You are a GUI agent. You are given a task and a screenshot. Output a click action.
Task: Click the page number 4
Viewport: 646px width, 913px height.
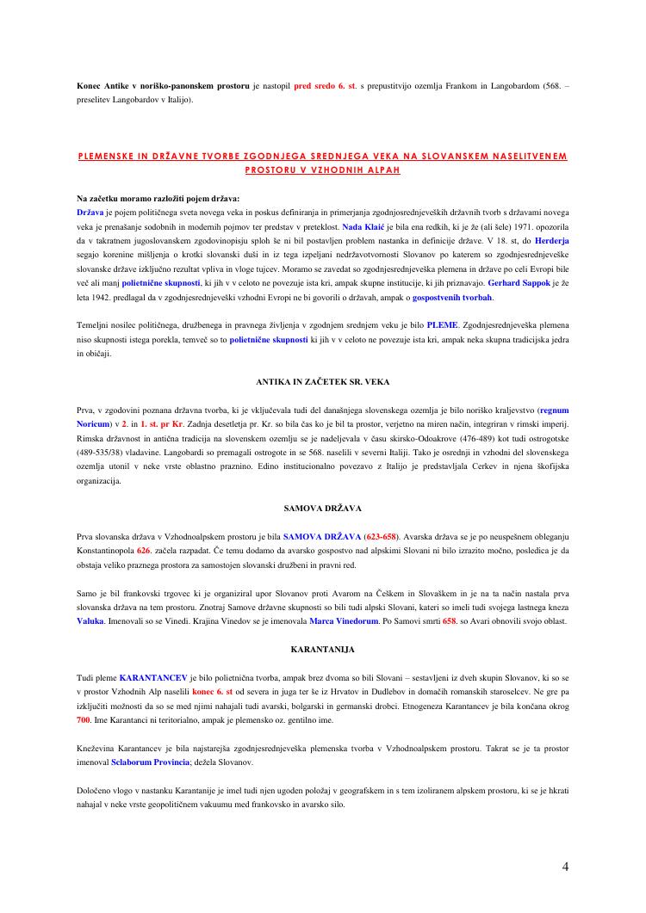[565, 867]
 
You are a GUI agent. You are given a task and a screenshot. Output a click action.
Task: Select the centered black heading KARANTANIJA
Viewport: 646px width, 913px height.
[323, 648]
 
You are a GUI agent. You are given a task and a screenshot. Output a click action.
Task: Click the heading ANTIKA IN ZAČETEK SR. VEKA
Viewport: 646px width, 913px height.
[323, 380]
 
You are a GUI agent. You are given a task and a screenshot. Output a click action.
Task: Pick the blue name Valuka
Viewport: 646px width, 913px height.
[90, 620]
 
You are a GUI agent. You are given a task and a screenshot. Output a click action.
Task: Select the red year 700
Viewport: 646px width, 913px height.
[84, 719]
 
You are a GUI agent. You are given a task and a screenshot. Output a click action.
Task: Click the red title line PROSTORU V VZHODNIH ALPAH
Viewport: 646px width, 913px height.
[323, 171]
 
